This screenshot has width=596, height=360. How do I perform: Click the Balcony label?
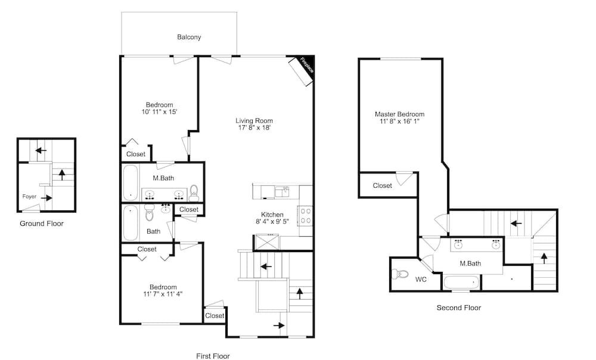(x=189, y=38)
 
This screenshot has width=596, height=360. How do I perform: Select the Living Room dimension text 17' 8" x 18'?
(x=254, y=128)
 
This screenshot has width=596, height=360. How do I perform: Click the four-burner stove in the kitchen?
(x=306, y=216)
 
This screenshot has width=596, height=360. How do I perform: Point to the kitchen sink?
(x=282, y=191)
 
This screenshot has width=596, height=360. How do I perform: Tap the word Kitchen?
(x=272, y=215)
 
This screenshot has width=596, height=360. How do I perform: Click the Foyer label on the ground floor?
(x=29, y=197)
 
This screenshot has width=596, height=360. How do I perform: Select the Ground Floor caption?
(x=42, y=224)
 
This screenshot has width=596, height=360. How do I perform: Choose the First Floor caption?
(x=213, y=356)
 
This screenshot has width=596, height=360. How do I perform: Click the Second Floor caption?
(x=459, y=308)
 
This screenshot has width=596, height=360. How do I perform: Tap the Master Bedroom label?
(x=399, y=114)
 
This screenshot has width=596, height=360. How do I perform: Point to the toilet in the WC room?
(x=399, y=274)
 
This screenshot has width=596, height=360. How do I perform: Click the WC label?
(x=421, y=280)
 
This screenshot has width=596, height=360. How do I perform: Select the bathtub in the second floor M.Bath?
(x=462, y=283)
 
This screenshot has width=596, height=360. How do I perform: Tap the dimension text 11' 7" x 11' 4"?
(x=163, y=294)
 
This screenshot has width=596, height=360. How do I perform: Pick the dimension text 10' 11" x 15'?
(x=160, y=112)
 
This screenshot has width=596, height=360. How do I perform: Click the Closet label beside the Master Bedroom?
(x=383, y=185)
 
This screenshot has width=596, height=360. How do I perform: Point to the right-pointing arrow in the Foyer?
(x=46, y=198)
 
